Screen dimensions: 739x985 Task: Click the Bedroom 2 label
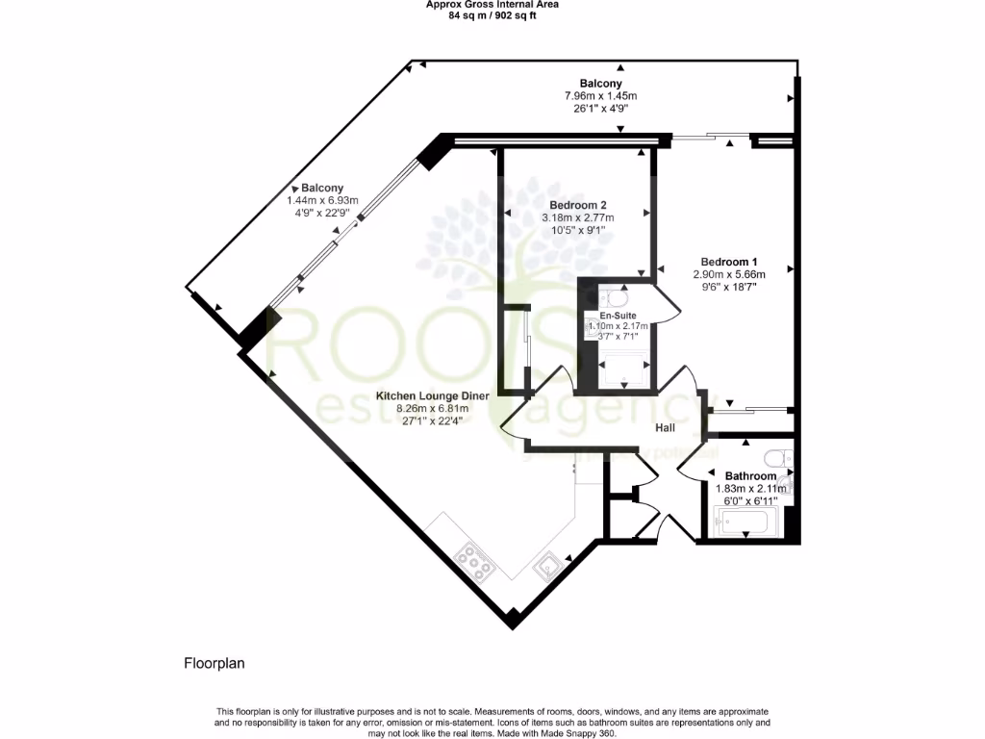577,205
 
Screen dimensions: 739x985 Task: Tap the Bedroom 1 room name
729,262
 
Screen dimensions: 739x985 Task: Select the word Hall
666,427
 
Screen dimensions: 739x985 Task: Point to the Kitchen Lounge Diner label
433,396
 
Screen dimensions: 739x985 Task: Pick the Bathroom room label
750,476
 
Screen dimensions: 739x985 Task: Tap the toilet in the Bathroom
778,457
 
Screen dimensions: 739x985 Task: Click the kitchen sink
547,565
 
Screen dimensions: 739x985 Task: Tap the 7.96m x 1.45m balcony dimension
600,96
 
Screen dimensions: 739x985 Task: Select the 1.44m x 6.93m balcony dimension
322,200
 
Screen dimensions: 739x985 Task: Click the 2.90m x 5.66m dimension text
729,274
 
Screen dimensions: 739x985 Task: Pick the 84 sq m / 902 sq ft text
492,13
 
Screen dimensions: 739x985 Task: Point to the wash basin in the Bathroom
786,486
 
